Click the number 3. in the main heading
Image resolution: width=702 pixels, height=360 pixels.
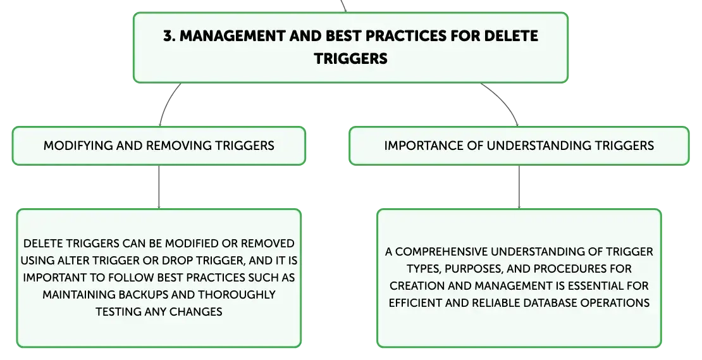[x=169, y=36]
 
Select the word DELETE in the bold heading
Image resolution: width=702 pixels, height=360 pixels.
[x=511, y=36]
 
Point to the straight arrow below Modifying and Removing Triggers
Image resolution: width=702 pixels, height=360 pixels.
[x=159, y=187]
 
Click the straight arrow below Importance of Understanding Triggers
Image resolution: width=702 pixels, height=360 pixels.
[x=519, y=187]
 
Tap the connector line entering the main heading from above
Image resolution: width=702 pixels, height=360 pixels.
[x=343, y=6]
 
